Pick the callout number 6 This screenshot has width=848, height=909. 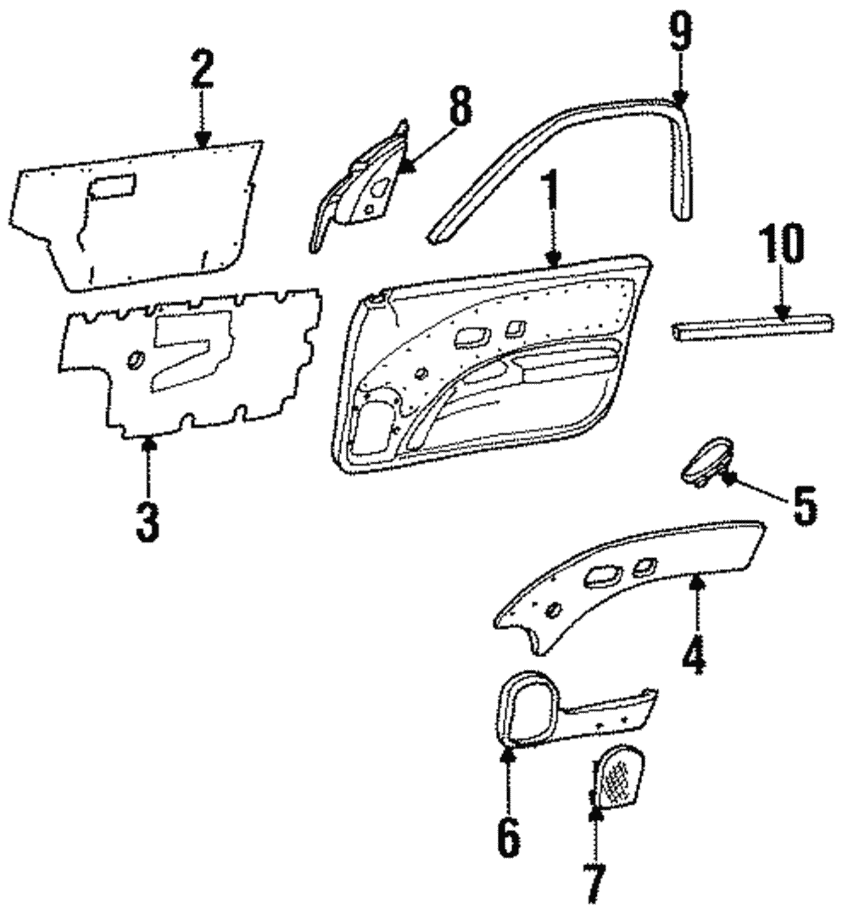pos(506,836)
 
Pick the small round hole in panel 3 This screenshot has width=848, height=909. pos(134,360)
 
